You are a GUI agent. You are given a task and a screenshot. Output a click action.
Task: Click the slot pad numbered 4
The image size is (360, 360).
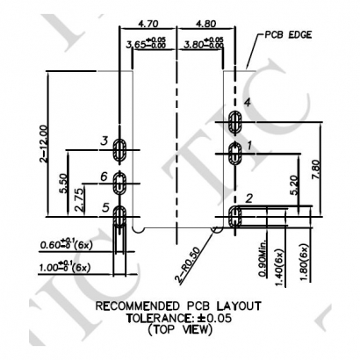(x=234, y=120)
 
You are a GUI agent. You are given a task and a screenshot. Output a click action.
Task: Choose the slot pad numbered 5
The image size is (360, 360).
(x=122, y=217)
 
